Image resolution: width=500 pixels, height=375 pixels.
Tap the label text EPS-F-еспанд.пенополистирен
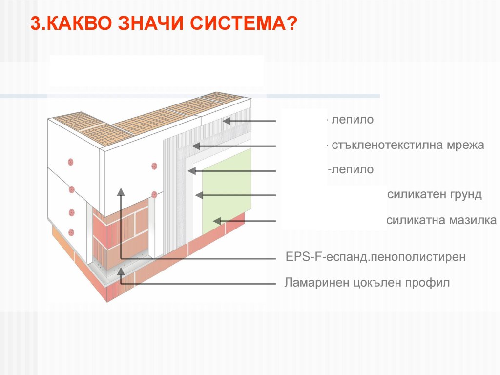point(375,257)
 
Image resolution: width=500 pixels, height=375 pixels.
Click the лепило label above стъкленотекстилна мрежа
point(353,120)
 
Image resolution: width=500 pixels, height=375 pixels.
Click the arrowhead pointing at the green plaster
point(217,221)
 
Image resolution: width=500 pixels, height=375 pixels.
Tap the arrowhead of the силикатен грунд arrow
point(199,195)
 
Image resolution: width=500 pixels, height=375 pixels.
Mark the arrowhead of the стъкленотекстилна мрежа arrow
point(195,146)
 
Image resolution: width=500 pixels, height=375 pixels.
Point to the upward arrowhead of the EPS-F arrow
point(121,191)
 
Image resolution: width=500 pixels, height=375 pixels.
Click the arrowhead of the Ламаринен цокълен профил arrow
point(121,272)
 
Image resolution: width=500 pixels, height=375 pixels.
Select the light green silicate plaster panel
point(227,191)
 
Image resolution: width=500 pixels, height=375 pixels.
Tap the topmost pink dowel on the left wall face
point(71,162)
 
